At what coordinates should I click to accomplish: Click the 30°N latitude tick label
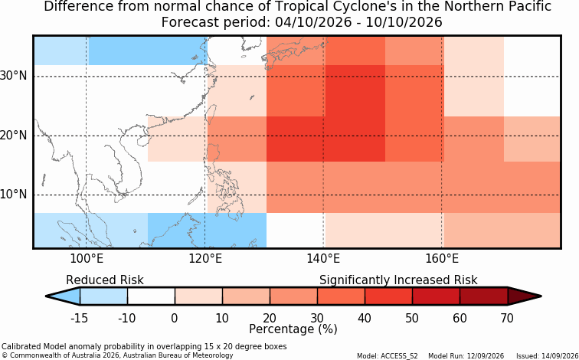pyautogui.click(x=14, y=77)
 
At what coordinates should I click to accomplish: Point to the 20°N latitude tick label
pyautogui.click(x=14, y=136)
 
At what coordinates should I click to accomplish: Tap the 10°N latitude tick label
pyautogui.click(x=14, y=195)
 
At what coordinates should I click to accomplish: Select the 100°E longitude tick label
pyautogui.click(x=87, y=259)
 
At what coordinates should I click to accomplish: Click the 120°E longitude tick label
pyautogui.click(x=205, y=259)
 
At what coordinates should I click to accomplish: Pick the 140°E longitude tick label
pyautogui.click(x=323, y=259)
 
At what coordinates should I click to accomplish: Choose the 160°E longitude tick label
pyautogui.click(x=442, y=259)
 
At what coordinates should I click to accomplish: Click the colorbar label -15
pyautogui.click(x=79, y=318)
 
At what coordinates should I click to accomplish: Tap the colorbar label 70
pyautogui.click(x=507, y=318)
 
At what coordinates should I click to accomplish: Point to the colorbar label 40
pyautogui.click(x=365, y=318)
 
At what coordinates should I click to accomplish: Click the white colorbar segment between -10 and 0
pyautogui.click(x=151, y=296)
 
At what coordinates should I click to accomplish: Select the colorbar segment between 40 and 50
pyautogui.click(x=388, y=296)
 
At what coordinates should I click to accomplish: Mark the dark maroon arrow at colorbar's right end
pyautogui.click(x=523, y=296)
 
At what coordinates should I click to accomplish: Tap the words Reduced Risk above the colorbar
pyautogui.click(x=105, y=280)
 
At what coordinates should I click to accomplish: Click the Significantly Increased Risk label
pyautogui.click(x=398, y=280)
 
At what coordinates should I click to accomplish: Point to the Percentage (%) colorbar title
pyautogui.click(x=293, y=329)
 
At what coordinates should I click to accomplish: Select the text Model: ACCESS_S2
pyautogui.click(x=388, y=356)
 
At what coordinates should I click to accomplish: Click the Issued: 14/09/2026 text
pyautogui.click(x=547, y=356)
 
